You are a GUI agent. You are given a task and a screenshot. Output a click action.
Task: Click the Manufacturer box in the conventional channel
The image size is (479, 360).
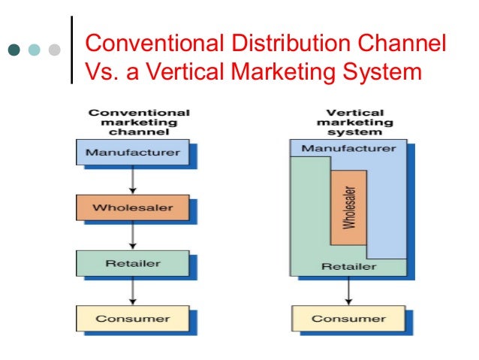point(133,153)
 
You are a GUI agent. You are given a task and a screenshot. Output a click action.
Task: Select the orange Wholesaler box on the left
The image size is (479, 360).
point(133,207)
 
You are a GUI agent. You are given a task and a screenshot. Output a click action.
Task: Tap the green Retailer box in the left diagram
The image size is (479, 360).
point(133,263)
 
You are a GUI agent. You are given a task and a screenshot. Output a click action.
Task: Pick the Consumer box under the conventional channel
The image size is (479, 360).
point(133,318)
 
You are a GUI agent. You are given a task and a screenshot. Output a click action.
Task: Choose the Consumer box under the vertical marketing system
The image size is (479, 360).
point(348,318)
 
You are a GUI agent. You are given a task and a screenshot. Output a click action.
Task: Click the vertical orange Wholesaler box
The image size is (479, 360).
point(348,207)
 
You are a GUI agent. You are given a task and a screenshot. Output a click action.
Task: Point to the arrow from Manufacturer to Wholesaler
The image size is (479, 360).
point(133,180)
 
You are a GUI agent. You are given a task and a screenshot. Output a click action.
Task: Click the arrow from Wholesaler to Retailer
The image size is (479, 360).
point(133,234)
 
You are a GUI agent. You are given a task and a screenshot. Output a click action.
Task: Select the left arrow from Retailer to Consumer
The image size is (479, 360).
point(133,290)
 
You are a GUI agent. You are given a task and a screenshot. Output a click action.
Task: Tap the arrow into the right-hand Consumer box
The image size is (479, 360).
point(348,290)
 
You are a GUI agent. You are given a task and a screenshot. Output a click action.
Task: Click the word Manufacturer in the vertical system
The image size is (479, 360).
point(348,148)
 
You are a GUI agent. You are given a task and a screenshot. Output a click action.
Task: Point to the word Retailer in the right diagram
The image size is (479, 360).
point(348,266)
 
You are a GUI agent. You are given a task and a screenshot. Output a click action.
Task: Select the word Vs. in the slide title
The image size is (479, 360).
point(101,73)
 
